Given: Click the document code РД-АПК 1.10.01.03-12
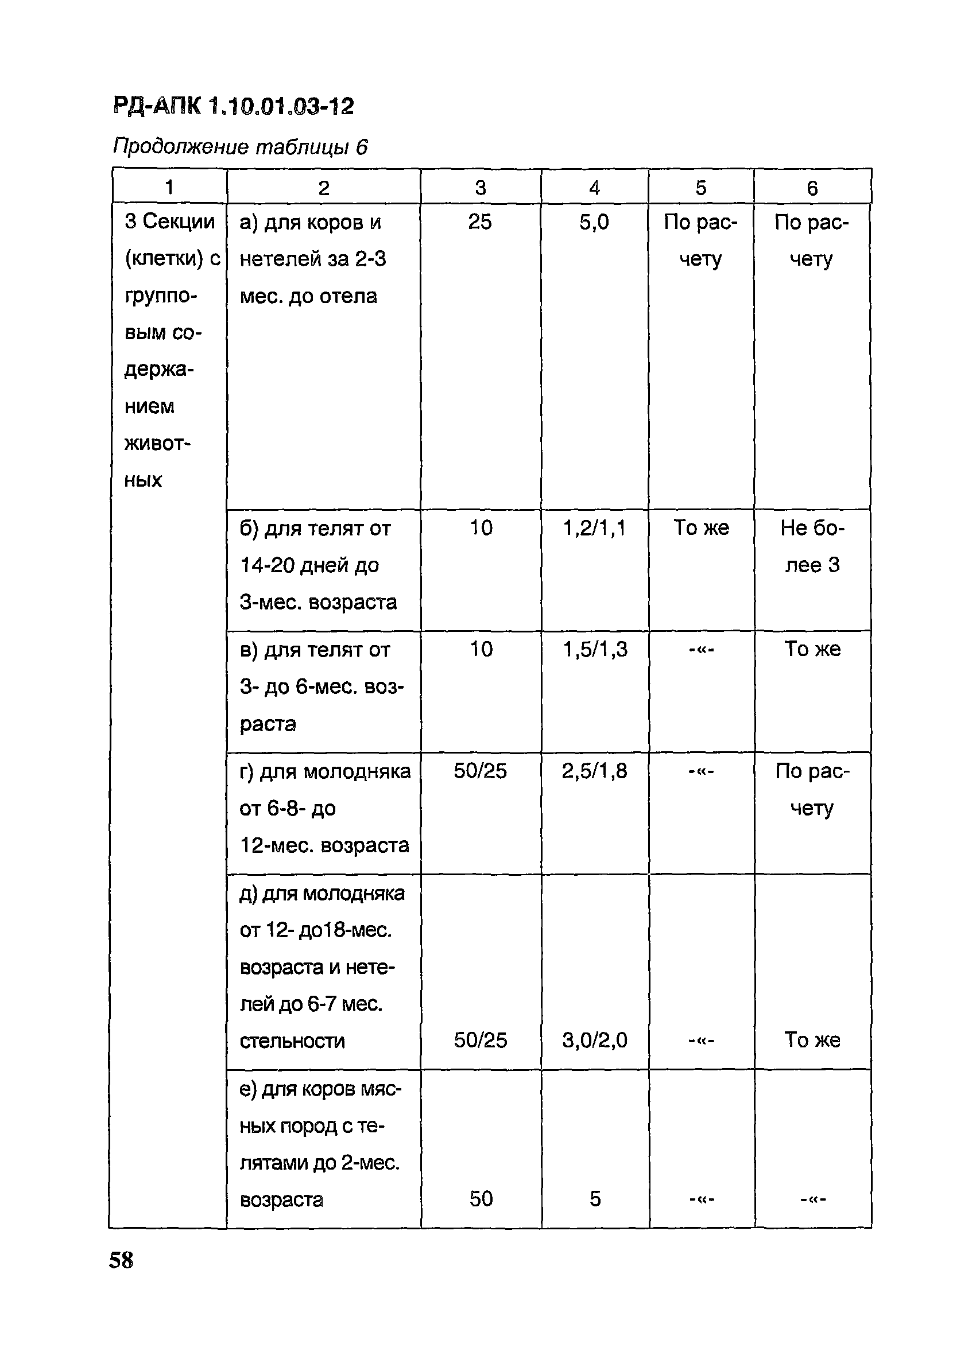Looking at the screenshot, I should pyautogui.click(x=233, y=106).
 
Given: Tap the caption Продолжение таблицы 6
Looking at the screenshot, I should pyautogui.click(x=240, y=146).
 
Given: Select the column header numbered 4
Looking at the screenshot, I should pyautogui.click(x=594, y=188).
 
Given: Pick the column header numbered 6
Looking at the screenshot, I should pyautogui.click(x=812, y=188).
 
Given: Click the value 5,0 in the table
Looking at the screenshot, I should pyautogui.click(x=594, y=222).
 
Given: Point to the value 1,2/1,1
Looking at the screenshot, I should pyautogui.click(x=594, y=528).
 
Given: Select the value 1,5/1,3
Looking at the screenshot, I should pyautogui.click(x=595, y=650).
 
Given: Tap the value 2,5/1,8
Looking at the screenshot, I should pyautogui.click(x=595, y=771).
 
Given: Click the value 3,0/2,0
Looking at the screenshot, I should pyautogui.click(x=595, y=1040).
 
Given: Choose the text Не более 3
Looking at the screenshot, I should pyautogui.click(x=812, y=546).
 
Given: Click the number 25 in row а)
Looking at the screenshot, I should pyautogui.click(x=480, y=222).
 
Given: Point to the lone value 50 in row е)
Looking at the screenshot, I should pyautogui.click(x=481, y=1199).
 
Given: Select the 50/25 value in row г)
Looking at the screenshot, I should pyautogui.click(x=480, y=771).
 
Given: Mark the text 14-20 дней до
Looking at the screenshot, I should pyautogui.click(x=309, y=565).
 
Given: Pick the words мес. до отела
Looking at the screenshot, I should pyautogui.click(x=308, y=296).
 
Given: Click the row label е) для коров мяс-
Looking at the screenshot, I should pyautogui.click(x=320, y=1090).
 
